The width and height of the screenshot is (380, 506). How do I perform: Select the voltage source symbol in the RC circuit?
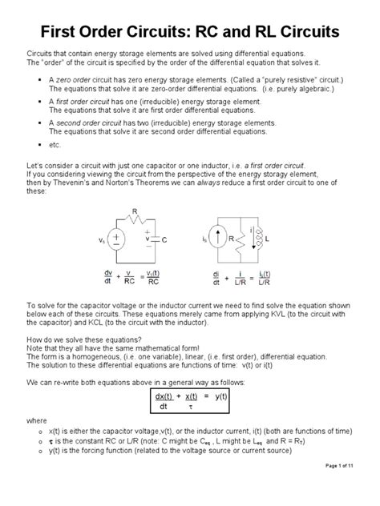tap(115, 239)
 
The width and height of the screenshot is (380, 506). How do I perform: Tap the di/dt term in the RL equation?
tap(216, 277)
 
